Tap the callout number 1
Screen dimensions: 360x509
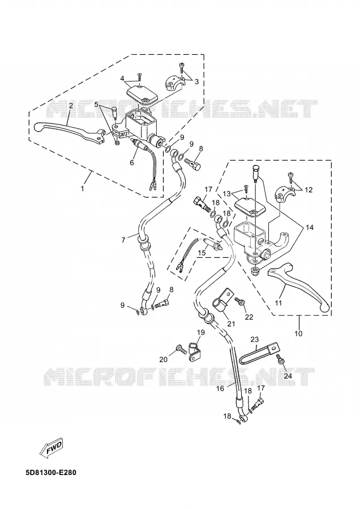click(x=83, y=188)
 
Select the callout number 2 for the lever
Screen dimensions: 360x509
click(x=70, y=106)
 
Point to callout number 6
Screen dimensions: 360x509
click(x=132, y=162)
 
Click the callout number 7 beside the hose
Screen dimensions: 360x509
click(x=123, y=240)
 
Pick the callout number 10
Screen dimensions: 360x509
click(x=299, y=333)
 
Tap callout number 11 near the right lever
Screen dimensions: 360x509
click(x=278, y=303)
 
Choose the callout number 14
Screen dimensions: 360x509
click(x=310, y=227)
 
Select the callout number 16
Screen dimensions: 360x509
click(x=220, y=388)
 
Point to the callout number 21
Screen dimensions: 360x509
click(x=231, y=323)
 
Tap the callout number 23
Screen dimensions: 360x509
click(x=254, y=339)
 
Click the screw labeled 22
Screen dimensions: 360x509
click(x=241, y=302)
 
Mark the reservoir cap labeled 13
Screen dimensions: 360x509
click(x=250, y=208)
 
